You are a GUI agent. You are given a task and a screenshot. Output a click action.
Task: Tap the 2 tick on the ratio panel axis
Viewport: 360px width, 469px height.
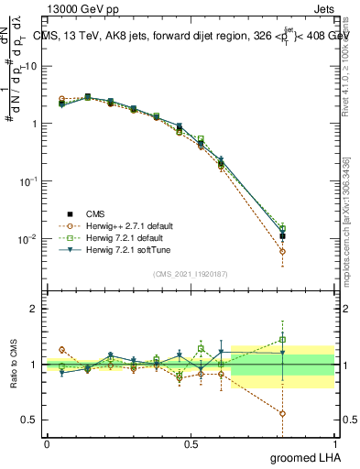tap(33, 310)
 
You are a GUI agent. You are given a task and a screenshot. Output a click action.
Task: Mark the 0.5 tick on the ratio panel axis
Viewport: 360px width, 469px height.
tap(27, 420)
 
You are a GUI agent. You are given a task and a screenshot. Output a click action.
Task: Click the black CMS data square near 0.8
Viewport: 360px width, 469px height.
tap(283, 236)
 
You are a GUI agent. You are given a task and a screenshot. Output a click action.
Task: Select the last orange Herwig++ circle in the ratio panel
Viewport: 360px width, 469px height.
tap(283, 413)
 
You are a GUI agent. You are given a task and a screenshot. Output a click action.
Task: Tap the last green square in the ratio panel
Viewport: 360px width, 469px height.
tap(283, 340)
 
